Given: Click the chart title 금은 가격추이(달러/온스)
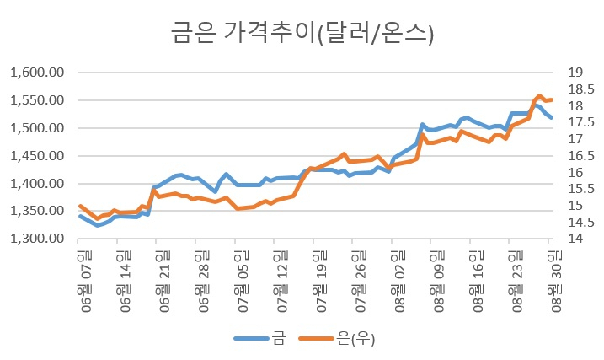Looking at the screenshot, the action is point(302,33).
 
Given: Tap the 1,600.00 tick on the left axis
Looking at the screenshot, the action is point(37,73).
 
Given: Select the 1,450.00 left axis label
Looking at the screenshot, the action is point(37,156).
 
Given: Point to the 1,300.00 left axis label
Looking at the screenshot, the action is point(37,239).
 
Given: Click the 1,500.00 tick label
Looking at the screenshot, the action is point(37,128).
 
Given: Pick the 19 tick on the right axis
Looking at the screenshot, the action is point(575,72).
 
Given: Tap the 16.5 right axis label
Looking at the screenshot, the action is point(581,156).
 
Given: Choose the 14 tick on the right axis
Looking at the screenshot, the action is point(575,239).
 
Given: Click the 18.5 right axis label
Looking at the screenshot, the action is point(581,89).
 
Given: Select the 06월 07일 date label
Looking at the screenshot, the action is point(86,281).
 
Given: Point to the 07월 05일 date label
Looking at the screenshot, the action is point(243,281).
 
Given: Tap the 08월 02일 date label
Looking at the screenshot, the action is point(399,281).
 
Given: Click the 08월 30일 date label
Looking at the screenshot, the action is point(556,281).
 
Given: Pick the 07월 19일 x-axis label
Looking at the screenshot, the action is point(321,281).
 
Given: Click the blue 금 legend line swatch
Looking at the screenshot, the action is point(251,338).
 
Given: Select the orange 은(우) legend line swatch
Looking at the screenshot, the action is point(316,338).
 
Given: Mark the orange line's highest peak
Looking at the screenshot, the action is point(539,95).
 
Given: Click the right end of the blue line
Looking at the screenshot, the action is point(552,117).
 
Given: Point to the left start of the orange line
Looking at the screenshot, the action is point(80,206).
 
